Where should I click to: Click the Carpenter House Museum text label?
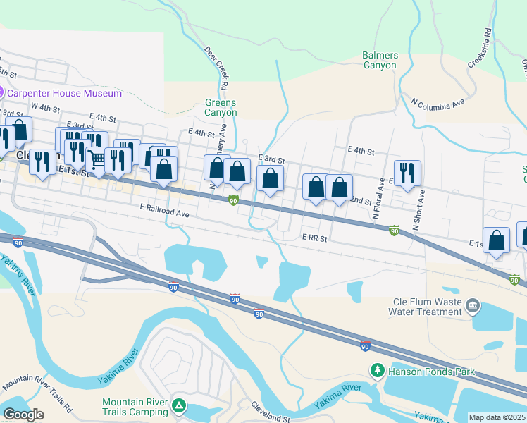[64, 93]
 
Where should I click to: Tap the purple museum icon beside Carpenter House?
[1, 93]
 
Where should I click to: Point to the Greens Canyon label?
[220, 107]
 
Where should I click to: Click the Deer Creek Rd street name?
[218, 68]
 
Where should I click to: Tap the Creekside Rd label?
[478, 49]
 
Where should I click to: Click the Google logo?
[23, 415]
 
